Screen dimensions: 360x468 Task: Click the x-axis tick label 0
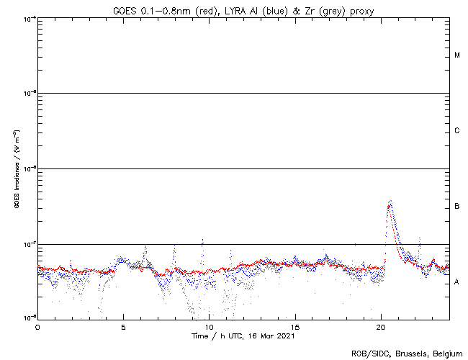(x=37, y=326)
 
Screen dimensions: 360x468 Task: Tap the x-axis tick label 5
(x=123, y=326)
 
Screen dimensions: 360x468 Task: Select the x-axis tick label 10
(x=210, y=326)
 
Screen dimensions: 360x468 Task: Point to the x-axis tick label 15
(x=295, y=326)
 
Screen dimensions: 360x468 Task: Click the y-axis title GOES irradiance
(x=16, y=168)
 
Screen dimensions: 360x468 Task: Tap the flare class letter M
(x=457, y=55)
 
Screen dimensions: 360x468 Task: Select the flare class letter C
(x=457, y=131)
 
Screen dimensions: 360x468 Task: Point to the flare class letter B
(x=457, y=207)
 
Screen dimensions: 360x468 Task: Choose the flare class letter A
(x=457, y=282)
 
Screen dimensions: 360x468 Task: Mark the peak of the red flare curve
(x=389, y=205)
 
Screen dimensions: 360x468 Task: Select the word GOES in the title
(x=125, y=9)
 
